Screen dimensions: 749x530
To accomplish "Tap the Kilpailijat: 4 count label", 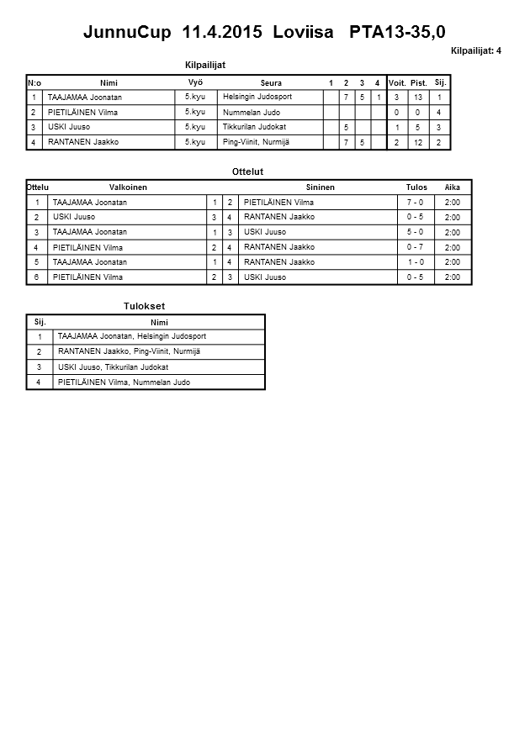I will (x=475, y=51).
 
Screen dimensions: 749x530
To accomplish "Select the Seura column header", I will (x=271, y=83).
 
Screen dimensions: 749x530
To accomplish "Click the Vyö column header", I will (x=195, y=82).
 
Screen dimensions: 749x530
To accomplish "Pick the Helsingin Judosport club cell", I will (x=257, y=98).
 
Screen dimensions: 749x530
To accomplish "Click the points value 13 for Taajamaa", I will (x=418, y=98).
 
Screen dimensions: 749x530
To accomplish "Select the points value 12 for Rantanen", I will (x=418, y=143).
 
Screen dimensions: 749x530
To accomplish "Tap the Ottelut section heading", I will (x=247, y=172).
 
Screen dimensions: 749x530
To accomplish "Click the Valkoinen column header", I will (x=128, y=187).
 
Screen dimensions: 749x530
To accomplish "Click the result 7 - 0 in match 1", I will (x=415, y=203).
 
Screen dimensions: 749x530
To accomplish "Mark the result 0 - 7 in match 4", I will (x=415, y=247).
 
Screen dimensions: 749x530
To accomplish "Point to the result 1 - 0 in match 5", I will (x=415, y=262).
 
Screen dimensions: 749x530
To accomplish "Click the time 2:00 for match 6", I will (x=452, y=277).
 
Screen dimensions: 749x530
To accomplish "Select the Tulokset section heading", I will (x=144, y=307).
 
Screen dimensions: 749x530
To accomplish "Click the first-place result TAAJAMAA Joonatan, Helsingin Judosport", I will (x=132, y=336).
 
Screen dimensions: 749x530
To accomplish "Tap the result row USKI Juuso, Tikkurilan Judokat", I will (x=114, y=367).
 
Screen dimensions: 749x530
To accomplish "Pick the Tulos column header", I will (x=416, y=187).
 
